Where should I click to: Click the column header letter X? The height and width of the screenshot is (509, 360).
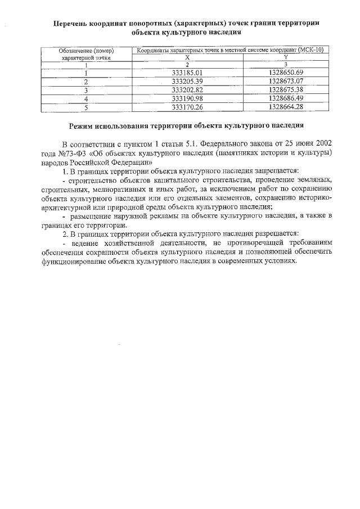tap(187, 57)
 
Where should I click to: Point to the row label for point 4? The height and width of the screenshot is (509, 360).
tap(86, 98)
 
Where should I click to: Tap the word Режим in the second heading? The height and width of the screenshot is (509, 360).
tap(83, 125)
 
